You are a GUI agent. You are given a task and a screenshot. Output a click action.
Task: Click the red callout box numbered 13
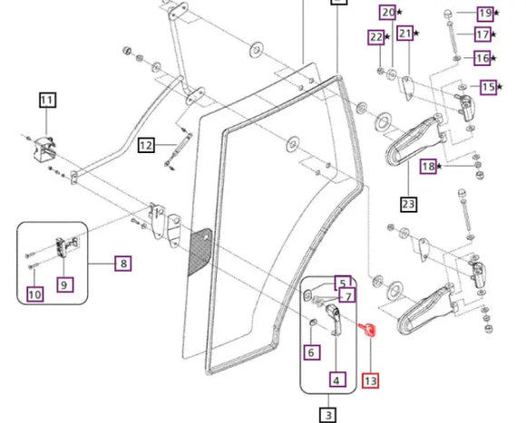pyautogui.click(x=370, y=380)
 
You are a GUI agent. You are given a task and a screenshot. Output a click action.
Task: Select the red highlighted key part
pyautogui.click(x=367, y=329)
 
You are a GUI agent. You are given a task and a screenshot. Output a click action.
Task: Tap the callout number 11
pyautogui.click(x=48, y=101)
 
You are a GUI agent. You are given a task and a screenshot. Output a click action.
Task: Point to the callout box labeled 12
pyautogui.click(x=146, y=145)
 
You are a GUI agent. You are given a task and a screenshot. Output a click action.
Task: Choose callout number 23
pyautogui.click(x=409, y=204)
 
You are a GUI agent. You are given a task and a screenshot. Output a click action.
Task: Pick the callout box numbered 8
pyautogui.click(x=123, y=264)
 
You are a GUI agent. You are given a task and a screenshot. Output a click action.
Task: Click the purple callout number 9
pyautogui.click(x=64, y=285)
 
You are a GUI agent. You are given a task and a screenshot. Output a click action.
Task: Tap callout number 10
pyautogui.click(x=35, y=294)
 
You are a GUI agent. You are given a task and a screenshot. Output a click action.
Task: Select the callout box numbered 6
pyautogui.click(x=312, y=352)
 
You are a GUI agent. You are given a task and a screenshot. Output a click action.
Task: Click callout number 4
pyautogui.click(x=337, y=380)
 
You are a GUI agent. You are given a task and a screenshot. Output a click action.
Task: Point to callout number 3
pyautogui.click(x=328, y=415)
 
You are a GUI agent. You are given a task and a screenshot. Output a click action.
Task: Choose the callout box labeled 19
pyautogui.click(x=485, y=14)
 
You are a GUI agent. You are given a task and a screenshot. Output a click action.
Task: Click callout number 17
pyautogui.click(x=483, y=34)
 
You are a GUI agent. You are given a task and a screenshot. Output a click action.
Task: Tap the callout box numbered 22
pyautogui.click(x=376, y=37)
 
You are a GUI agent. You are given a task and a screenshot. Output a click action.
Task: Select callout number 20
pyautogui.click(x=388, y=13)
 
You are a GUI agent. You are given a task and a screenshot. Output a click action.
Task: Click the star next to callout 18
pyautogui.click(x=440, y=166)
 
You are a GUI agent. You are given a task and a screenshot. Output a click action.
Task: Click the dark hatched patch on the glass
pyautogui.click(x=200, y=251)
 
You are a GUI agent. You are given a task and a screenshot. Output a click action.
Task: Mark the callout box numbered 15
pyautogui.click(x=488, y=87)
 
